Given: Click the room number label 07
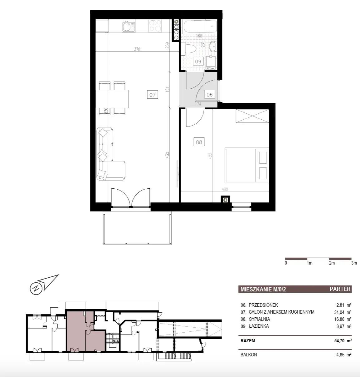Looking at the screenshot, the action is (x=153, y=95).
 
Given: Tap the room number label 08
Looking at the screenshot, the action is (x=199, y=142).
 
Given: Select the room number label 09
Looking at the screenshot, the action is (x=198, y=62).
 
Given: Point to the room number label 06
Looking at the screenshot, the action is (x=210, y=95).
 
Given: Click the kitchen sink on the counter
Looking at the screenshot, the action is (x=128, y=26).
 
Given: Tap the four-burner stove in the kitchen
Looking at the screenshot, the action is (x=155, y=26).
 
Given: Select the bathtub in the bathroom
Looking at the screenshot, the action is (x=200, y=27).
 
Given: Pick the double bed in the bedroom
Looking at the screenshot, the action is (x=247, y=166).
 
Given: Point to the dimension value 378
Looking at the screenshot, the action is (x=137, y=49).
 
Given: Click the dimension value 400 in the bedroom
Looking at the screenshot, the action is (x=225, y=189).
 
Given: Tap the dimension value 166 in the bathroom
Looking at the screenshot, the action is (x=199, y=36).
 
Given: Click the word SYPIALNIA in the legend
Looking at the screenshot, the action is (x=259, y=319).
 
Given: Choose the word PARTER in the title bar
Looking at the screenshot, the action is (x=340, y=289).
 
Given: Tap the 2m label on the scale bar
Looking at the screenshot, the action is (x=332, y=263).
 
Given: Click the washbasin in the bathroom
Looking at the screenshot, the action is (x=213, y=47).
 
